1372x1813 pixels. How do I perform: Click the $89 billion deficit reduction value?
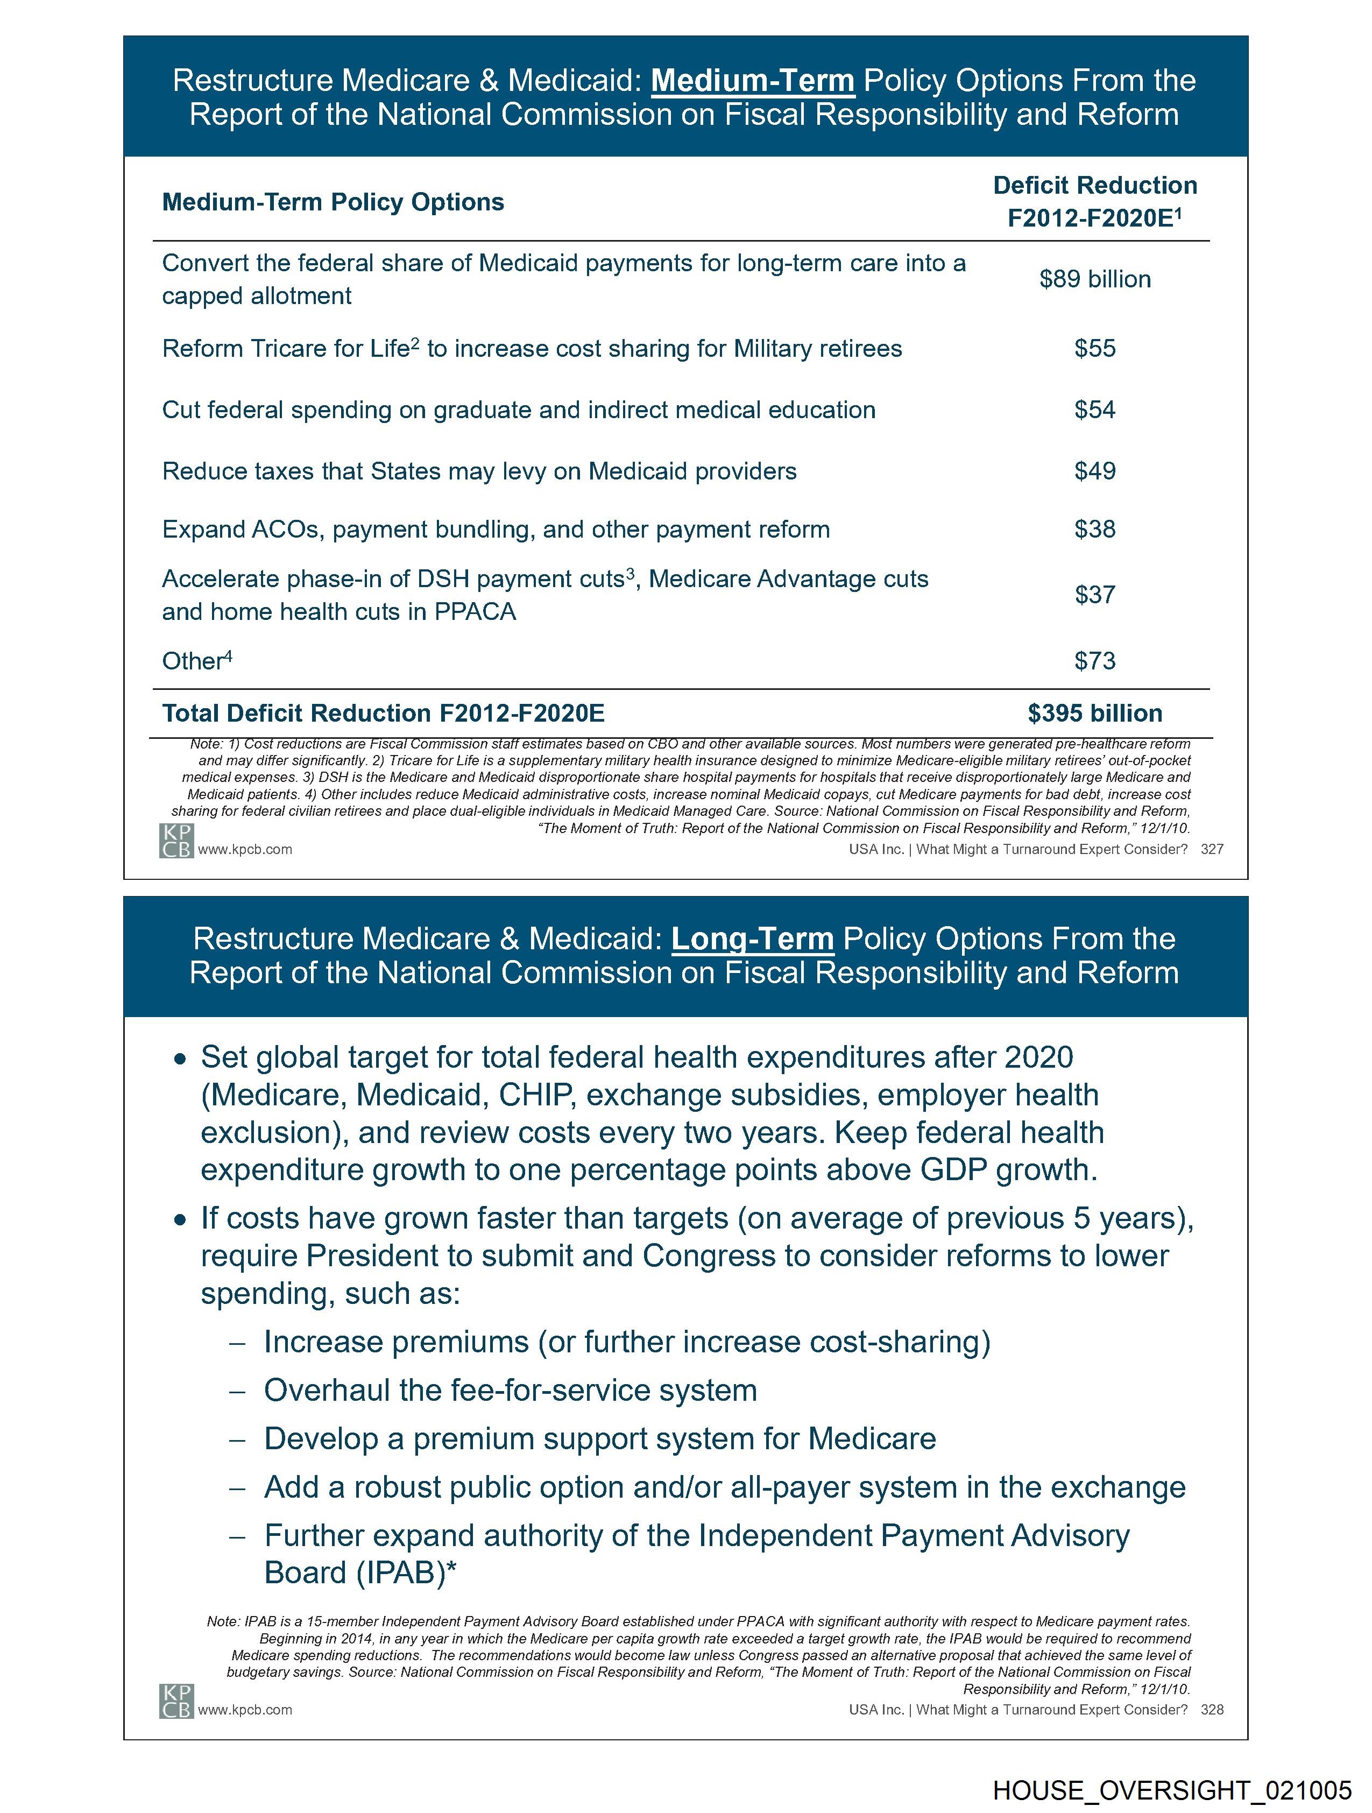tap(1095, 279)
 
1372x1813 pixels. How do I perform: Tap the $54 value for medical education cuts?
tap(1095, 410)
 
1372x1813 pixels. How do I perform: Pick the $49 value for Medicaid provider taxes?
tap(1095, 471)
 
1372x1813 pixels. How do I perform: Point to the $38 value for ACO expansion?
tap(1095, 530)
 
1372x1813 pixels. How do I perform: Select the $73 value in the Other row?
tap(1095, 661)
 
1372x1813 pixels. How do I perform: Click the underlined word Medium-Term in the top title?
tap(752, 81)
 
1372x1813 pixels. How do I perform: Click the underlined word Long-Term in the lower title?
tap(752, 939)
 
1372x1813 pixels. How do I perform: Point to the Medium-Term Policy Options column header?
tap(333, 202)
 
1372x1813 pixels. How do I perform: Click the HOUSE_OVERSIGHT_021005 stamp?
tap(1172, 1789)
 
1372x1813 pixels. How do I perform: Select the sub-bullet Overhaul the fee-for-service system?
tap(510, 1391)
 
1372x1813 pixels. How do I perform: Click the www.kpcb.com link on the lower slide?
tap(245, 1710)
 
